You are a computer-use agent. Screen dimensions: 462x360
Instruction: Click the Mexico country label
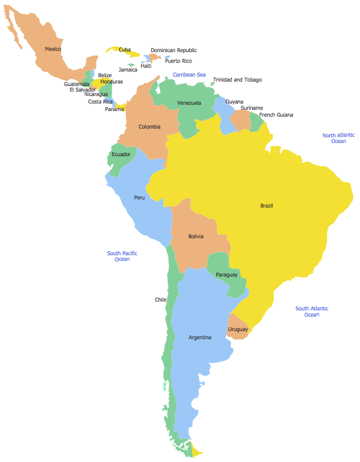coord(53,49)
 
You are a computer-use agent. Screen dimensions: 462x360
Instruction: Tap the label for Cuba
coord(125,50)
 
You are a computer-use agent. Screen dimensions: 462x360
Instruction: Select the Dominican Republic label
coord(174,50)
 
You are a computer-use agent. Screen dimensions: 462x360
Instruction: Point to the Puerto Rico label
coord(178,61)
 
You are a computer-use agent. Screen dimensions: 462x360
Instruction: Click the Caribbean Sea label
coord(189,75)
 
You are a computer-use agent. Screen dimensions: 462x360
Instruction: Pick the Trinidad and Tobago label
coord(237,80)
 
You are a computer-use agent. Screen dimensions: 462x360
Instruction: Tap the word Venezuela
coord(189,103)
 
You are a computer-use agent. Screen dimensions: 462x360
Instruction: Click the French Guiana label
coord(276,115)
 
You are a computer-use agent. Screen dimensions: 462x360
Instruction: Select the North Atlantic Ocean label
coord(339,138)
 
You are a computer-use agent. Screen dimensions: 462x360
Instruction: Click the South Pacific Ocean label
coord(122,256)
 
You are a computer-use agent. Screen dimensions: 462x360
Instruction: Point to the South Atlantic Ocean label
coord(312,311)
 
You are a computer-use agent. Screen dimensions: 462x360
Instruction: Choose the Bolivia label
coord(196,236)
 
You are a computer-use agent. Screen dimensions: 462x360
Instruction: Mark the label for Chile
coord(161,300)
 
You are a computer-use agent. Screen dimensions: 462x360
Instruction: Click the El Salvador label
coord(83,90)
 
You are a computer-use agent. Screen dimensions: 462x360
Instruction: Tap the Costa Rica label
coord(100,102)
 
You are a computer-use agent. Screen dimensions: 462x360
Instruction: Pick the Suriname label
coord(251,108)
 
